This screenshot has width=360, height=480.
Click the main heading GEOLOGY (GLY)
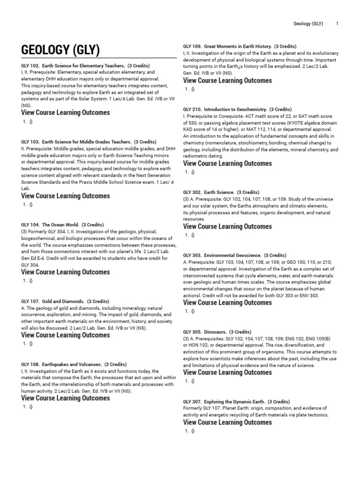point(60,50)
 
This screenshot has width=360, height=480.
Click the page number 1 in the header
point(337,23)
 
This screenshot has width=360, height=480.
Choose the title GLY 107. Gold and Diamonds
point(65,301)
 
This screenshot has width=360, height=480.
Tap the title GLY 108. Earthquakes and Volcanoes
point(74,364)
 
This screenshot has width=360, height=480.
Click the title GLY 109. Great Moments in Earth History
point(240,46)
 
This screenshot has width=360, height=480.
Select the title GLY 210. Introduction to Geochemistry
point(238,109)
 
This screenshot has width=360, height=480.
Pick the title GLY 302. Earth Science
point(221,192)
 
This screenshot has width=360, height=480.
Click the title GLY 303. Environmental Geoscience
point(234,255)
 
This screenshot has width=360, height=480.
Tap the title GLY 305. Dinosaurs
point(217,332)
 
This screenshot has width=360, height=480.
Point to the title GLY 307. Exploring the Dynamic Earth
point(236,402)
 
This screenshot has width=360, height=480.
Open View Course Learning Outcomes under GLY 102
point(66,112)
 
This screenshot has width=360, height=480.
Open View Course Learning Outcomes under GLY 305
point(227,373)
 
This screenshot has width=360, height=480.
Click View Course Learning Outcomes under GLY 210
point(227,164)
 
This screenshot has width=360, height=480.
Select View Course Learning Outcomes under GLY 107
point(66,335)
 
